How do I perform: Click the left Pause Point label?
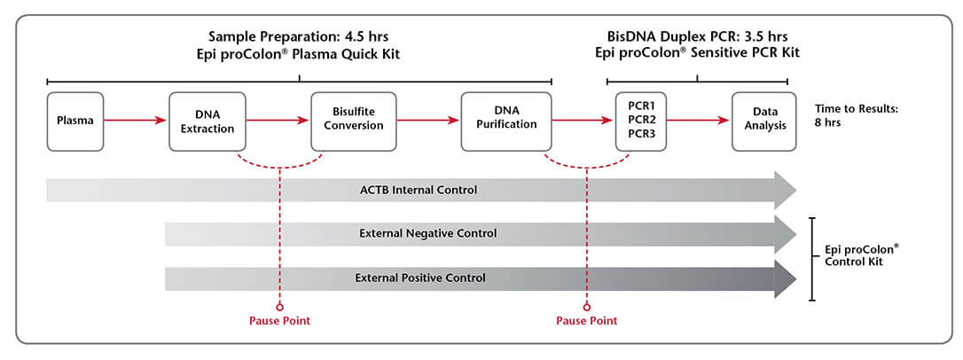click(279, 320)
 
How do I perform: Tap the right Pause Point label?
click(586, 320)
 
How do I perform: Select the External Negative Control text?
click(427, 234)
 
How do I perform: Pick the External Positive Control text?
click(420, 278)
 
